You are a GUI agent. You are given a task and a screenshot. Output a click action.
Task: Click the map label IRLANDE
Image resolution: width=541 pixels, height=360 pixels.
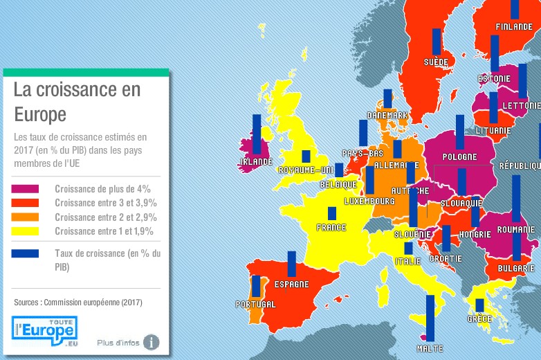pyautogui.click(x=255, y=162)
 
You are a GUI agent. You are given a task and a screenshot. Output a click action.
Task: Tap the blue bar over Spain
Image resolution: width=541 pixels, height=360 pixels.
pyautogui.click(x=291, y=264)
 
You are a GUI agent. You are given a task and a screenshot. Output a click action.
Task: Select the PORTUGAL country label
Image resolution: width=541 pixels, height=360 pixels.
pyautogui.click(x=255, y=305)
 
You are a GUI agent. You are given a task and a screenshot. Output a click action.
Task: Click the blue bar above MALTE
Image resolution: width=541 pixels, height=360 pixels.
pyautogui.click(x=430, y=318)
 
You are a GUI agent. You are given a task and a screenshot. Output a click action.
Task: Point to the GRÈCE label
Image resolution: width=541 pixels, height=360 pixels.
pyautogui.click(x=479, y=319)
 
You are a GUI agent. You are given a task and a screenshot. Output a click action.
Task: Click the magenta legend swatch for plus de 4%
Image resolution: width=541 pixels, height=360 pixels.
pyautogui.click(x=26, y=188)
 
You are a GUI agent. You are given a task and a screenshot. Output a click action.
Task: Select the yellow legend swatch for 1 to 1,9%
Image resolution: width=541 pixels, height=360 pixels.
pyautogui.click(x=26, y=231)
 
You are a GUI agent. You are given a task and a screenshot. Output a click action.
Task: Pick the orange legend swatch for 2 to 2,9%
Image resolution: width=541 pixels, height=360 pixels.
pyautogui.click(x=26, y=217)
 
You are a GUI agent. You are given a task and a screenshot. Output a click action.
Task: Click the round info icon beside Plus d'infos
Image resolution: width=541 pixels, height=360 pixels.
pyautogui.click(x=150, y=342)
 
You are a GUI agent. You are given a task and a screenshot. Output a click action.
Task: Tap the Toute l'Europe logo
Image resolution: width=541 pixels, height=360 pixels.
pyautogui.click(x=44, y=331)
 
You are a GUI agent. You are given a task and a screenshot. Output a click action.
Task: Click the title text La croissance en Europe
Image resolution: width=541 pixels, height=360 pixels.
pyautogui.click(x=76, y=101)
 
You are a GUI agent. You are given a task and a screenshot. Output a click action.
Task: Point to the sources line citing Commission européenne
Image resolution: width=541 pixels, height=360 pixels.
pyautogui.click(x=78, y=303)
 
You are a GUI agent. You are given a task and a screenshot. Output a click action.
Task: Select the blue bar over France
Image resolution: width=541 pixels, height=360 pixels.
pyautogui.click(x=332, y=214)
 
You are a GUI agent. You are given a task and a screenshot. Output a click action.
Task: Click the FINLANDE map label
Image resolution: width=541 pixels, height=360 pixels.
pyautogui.click(x=514, y=28)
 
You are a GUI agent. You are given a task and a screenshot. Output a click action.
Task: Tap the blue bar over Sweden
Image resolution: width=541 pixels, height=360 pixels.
pyautogui.click(x=436, y=42)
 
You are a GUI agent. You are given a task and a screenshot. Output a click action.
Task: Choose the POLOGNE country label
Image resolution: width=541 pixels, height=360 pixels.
pyautogui.click(x=460, y=157)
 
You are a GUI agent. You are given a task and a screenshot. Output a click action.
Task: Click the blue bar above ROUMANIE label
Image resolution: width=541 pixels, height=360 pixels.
pyautogui.click(x=516, y=197)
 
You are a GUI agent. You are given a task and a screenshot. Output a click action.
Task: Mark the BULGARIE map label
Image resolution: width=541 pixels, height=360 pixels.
pyautogui.click(x=516, y=268)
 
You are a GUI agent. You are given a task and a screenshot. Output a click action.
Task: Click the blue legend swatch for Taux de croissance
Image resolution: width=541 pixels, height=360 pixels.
pyautogui.click(x=26, y=253)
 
